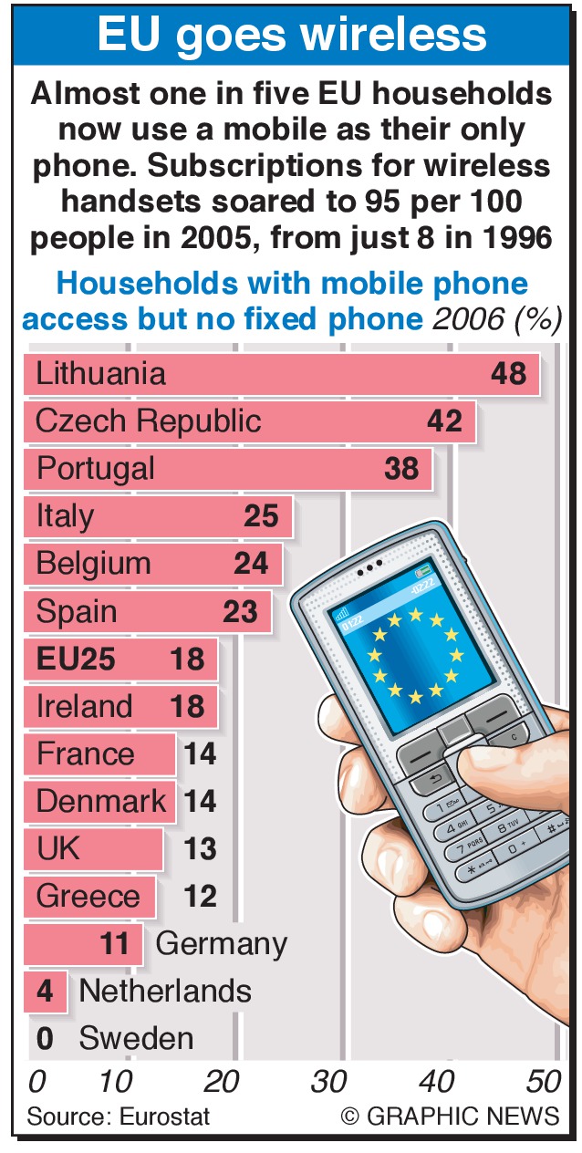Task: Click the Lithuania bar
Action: pyautogui.click(x=281, y=374)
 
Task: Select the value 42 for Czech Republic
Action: pyautogui.click(x=444, y=421)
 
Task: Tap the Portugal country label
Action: pyautogui.click(x=95, y=469)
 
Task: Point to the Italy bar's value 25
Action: pyautogui.click(x=261, y=516)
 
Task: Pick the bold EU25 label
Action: pyautogui.click(x=76, y=659)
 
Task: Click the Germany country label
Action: pyautogui.click(x=222, y=943)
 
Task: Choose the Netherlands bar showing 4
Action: pyautogui.click(x=45, y=991)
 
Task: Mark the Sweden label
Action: pyautogui.click(x=136, y=1038)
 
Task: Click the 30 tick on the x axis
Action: pyautogui.click(x=328, y=1082)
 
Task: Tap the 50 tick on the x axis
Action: pyautogui.click(x=544, y=1082)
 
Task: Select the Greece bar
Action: pyautogui.click(x=89, y=896)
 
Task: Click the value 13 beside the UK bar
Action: pyautogui.click(x=200, y=848)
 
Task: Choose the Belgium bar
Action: pyautogui.click(x=152, y=564)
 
